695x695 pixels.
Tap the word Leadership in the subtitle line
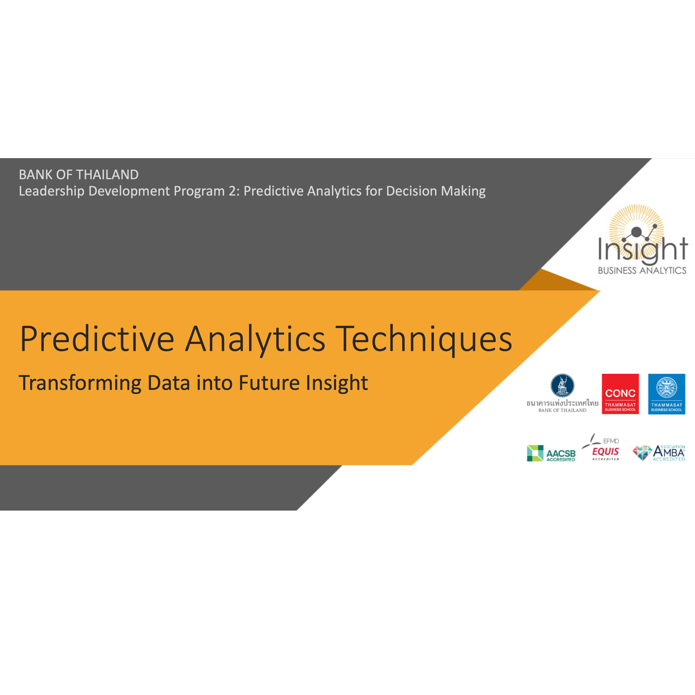click(x=52, y=191)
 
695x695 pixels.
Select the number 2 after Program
click(x=233, y=191)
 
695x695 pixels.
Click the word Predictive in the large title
click(x=97, y=339)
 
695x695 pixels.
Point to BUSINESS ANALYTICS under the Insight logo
click(x=642, y=270)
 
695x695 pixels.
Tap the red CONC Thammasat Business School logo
click(x=620, y=394)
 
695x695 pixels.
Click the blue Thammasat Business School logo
click(x=666, y=394)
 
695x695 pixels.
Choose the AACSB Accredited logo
click(x=551, y=453)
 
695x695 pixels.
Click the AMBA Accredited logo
click(x=659, y=453)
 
